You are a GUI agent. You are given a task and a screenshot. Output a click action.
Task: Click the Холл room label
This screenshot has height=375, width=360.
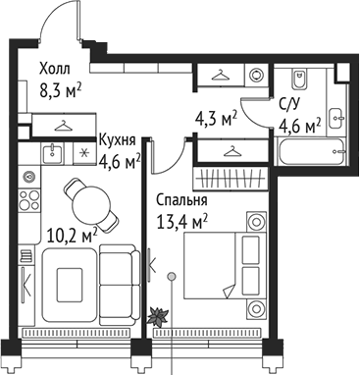55,70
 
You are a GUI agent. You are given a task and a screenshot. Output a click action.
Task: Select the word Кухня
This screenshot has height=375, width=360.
117,141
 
